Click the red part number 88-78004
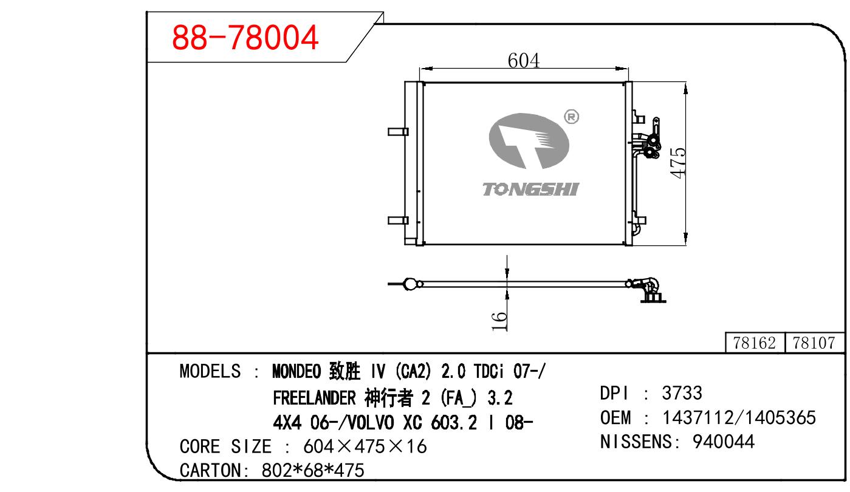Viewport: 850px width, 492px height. (245, 37)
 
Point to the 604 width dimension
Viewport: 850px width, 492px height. (524, 61)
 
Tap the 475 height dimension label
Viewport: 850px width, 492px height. (678, 163)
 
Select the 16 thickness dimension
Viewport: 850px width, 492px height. (499, 321)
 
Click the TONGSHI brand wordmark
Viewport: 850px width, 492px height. (530, 189)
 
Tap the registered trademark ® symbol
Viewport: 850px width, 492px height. (572, 117)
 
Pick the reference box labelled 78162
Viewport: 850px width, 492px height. (755, 343)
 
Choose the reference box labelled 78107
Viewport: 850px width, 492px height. (814, 343)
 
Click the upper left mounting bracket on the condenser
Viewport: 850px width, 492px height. (398, 132)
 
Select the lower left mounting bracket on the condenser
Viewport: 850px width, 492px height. (398, 220)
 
